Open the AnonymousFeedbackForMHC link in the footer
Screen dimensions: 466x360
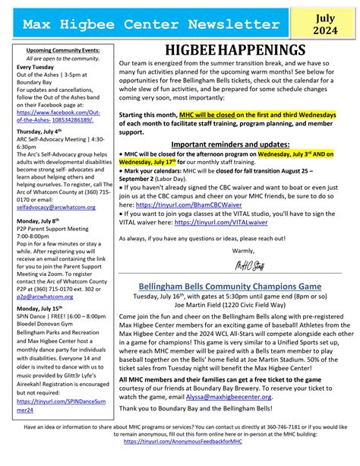click(179, 461)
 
